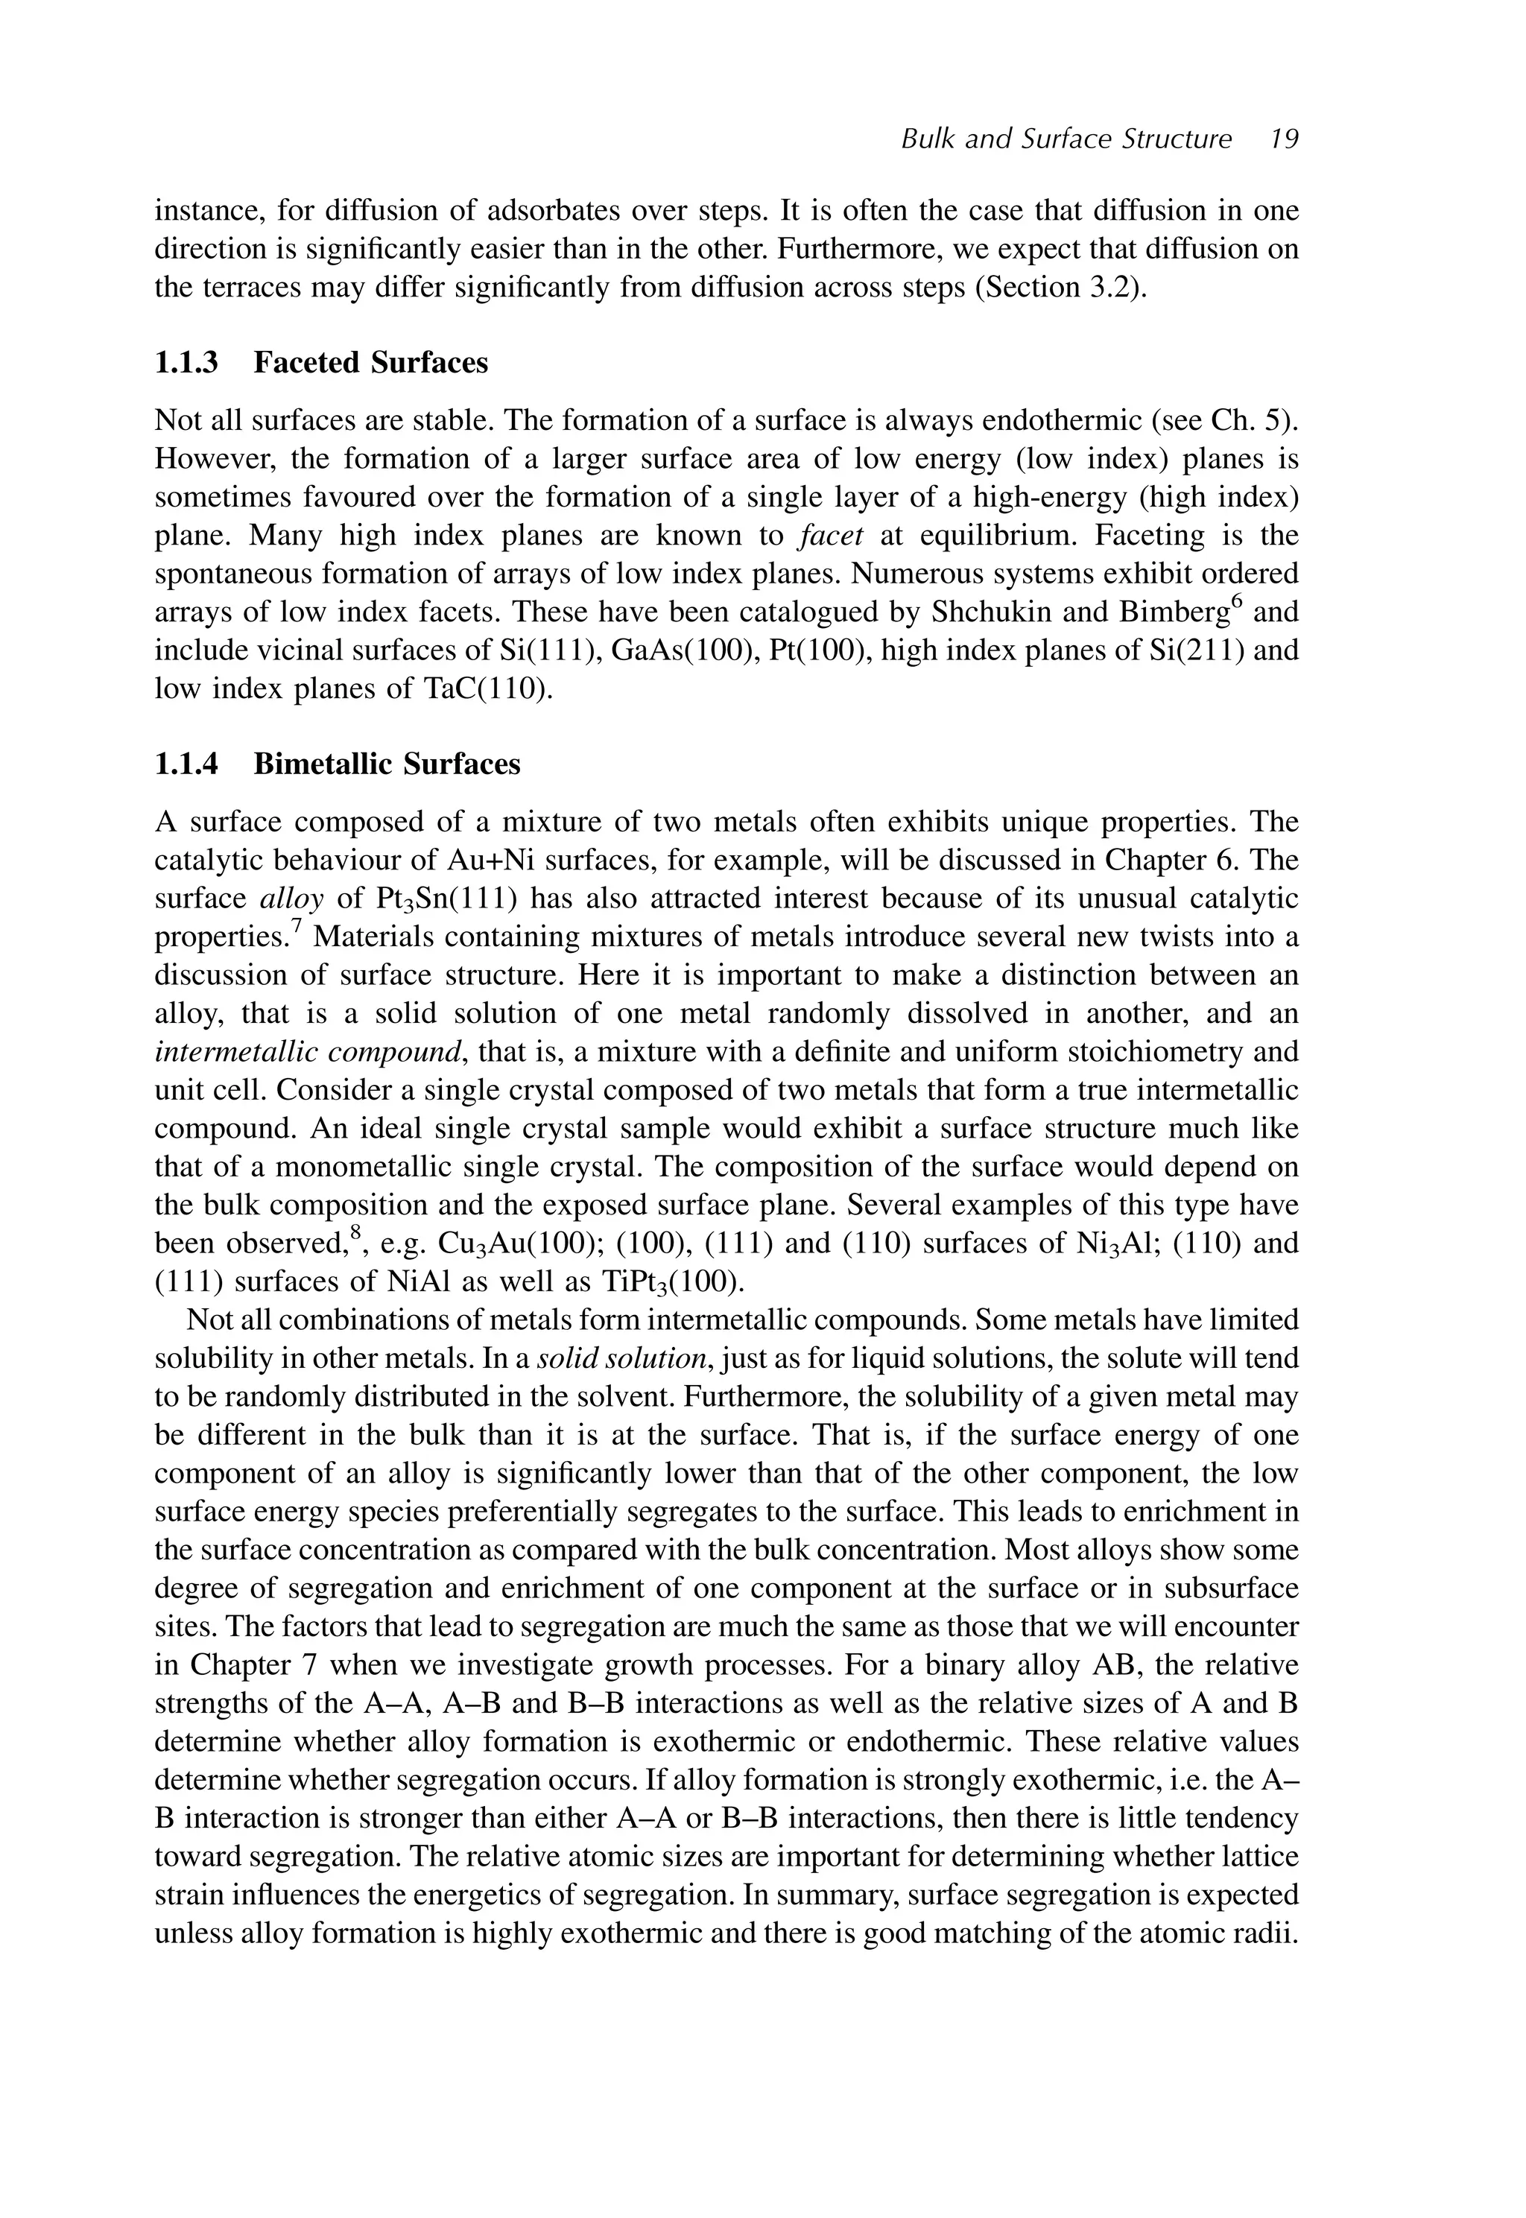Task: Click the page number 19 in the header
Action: click(1284, 139)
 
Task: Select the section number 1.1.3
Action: click(186, 364)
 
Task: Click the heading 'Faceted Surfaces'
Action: click(370, 364)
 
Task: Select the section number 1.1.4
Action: click(186, 765)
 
